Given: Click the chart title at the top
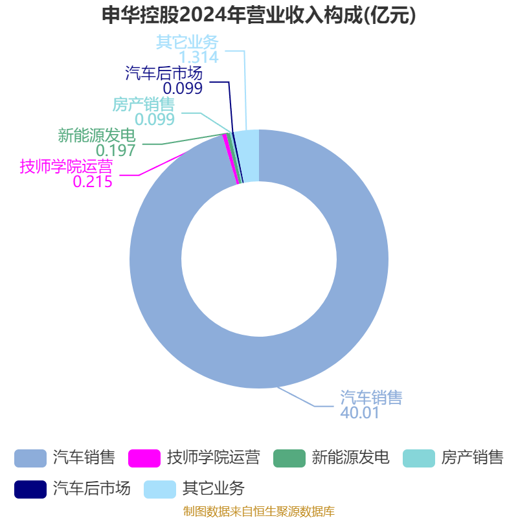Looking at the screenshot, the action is (x=258, y=15).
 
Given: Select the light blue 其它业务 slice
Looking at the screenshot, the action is (x=251, y=156).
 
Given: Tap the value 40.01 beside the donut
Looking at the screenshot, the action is (x=360, y=412).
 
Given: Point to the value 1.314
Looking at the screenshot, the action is (x=199, y=57).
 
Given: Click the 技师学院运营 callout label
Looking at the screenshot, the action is (x=67, y=166).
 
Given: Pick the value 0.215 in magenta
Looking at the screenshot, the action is (x=93, y=182).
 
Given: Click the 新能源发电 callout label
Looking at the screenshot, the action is (x=96, y=135).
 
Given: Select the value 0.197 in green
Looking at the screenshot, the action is (x=116, y=151).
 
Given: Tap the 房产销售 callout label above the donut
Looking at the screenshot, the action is (x=143, y=104).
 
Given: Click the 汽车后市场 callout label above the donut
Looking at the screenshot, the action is (x=164, y=73).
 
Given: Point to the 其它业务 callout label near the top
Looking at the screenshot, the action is (x=187, y=42).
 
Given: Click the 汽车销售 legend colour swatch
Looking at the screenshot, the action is (x=30, y=458).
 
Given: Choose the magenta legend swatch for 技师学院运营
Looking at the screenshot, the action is (x=144, y=458).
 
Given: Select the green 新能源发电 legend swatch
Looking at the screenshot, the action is (x=289, y=458).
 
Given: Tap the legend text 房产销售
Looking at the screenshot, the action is (x=473, y=458).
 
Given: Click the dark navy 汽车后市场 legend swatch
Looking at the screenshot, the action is (x=30, y=490).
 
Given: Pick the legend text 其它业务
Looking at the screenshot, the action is (x=214, y=488).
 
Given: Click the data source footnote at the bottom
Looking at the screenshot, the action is (x=259, y=511).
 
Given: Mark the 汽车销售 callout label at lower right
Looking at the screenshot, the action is (x=371, y=397).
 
